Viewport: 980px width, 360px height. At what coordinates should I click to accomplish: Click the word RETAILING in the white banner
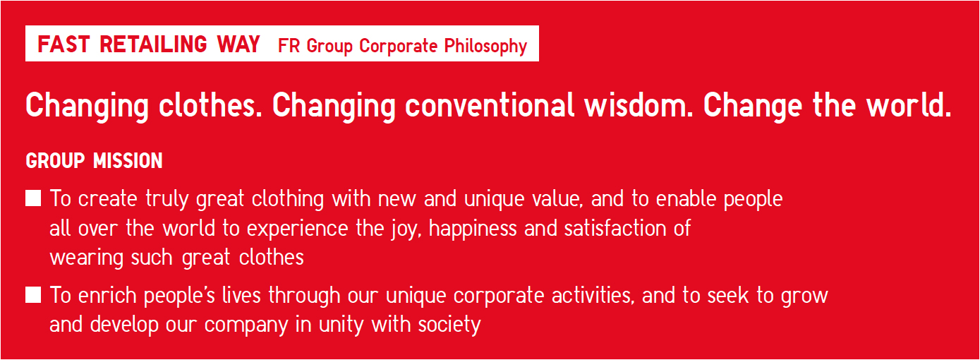(x=153, y=44)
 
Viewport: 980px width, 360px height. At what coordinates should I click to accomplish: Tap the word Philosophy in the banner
(x=485, y=47)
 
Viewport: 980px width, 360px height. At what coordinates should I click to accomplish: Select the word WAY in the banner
(x=238, y=44)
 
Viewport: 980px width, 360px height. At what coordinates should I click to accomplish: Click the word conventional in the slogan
(x=490, y=105)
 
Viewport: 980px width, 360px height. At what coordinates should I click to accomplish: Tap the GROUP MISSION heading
(x=94, y=161)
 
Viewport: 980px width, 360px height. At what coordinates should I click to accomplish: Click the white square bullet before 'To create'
(x=33, y=198)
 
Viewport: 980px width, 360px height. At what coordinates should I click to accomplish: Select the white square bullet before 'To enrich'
(x=33, y=295)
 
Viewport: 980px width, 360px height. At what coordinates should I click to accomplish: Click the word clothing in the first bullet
(x=288, y=200)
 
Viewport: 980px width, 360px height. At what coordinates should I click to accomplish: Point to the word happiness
(x=473, y=229)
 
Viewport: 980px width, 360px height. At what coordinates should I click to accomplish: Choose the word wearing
(x=86, y=258)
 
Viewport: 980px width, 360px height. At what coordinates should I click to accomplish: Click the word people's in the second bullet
(x=179, y=296)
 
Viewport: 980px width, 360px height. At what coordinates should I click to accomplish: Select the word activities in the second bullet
(x=593, y=295)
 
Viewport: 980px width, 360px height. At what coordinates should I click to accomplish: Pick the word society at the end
(x=449, y=325)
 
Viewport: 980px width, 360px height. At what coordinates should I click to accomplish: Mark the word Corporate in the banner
(x=398, y=47)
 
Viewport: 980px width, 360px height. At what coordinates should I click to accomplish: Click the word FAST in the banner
(x=64, y=44)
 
